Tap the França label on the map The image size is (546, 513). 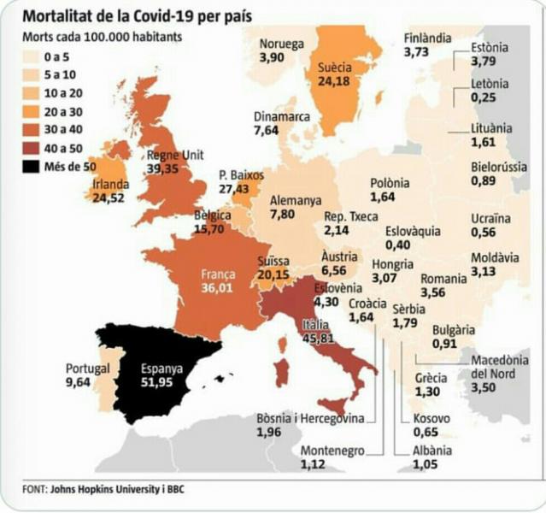pos(217,274)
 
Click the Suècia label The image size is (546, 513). pos(334,67)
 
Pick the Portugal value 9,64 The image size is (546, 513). pos(81,382)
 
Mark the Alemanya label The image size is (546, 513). pos(295,201)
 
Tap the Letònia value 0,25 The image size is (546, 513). pos(484,98)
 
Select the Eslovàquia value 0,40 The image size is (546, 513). pos(397,245)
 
